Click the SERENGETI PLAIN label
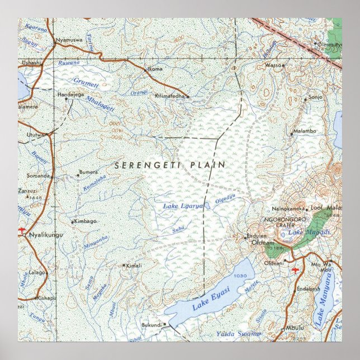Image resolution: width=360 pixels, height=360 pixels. [170, 165]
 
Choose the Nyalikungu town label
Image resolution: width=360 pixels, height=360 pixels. [46, 235]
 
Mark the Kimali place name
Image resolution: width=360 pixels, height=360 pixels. [134, 265]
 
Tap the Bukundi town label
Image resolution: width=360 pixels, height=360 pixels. [151, 324]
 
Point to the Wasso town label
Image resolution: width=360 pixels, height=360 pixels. [273, 65]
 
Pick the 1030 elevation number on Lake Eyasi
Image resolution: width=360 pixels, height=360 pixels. [241, 276]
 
